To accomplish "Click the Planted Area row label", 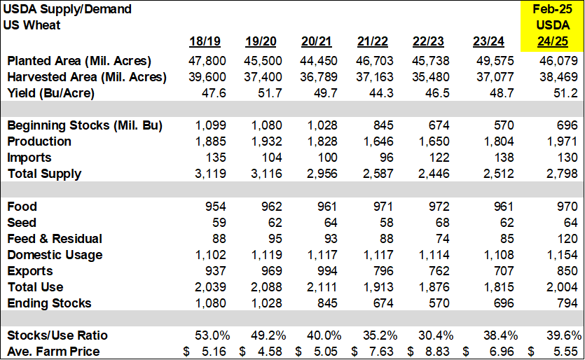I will click(78, 61).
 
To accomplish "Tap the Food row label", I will click(22, 207).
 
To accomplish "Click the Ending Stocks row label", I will click(49, 303).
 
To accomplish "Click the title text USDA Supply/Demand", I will click(69, 10).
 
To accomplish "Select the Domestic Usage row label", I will click(55, 255).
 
